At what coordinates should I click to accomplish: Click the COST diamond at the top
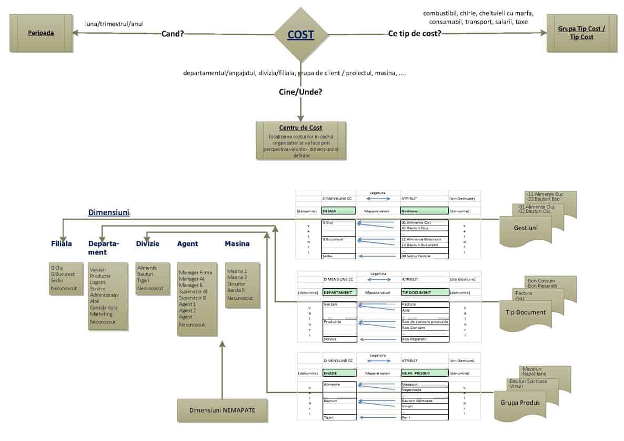300,35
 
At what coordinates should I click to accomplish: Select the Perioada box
41,33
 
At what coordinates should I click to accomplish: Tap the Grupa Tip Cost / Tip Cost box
581,33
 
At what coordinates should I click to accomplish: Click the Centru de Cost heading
300,128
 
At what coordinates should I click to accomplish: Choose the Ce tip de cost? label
414,34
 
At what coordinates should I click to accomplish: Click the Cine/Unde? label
300,92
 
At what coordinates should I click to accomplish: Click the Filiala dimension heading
61,244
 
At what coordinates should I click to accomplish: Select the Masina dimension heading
237,244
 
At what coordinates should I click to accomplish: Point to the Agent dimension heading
187,244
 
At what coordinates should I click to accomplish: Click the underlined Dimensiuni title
108,213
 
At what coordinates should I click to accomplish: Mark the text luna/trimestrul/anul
114,24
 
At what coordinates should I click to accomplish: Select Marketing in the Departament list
101,314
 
